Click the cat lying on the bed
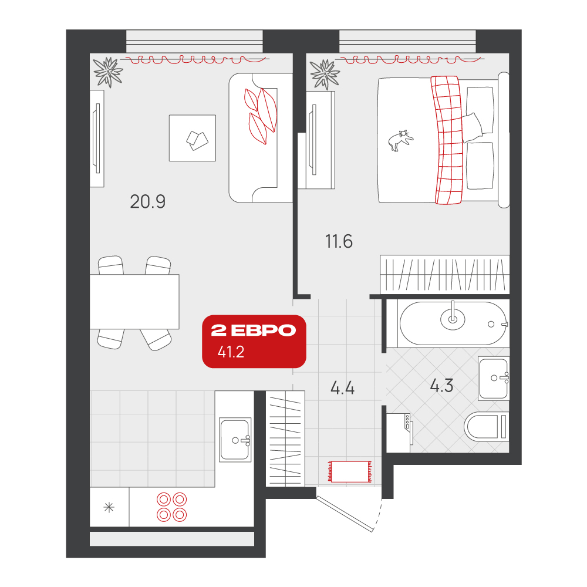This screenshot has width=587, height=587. pos(400,140)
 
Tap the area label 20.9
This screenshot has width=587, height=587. pos(147,202)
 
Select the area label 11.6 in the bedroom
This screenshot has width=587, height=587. pos(339,241)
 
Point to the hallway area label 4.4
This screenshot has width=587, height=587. pos(342,388)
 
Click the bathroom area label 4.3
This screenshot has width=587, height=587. pos(441,386)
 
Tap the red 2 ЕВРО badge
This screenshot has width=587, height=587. pos(254,342)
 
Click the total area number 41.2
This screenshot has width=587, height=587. pos(231,352)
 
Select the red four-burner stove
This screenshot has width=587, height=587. pos(172,507)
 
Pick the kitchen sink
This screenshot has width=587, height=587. pos(235,440)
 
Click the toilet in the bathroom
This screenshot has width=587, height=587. pos(486,426)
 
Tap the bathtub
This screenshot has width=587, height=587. pos(453,323)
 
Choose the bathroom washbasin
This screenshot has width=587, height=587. pos(494,379)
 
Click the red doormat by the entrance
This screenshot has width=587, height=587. pos(350,471)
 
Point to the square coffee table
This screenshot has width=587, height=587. pos(193,138)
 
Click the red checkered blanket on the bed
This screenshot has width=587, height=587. pos(447,140)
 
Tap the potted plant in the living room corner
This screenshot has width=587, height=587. pos(108,72)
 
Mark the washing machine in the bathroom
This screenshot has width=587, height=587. pos(399,433)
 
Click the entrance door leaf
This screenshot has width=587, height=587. pos(345,514)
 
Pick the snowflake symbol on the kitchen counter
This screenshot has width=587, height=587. pos(109,508)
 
